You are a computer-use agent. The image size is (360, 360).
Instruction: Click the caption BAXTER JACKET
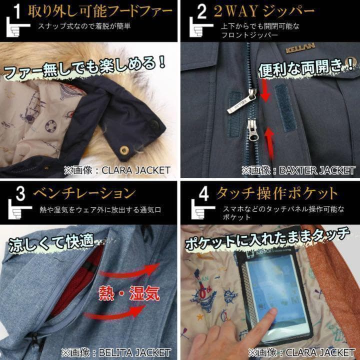tap(300, 170)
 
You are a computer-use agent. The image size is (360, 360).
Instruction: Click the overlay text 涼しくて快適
tap(50, 242)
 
